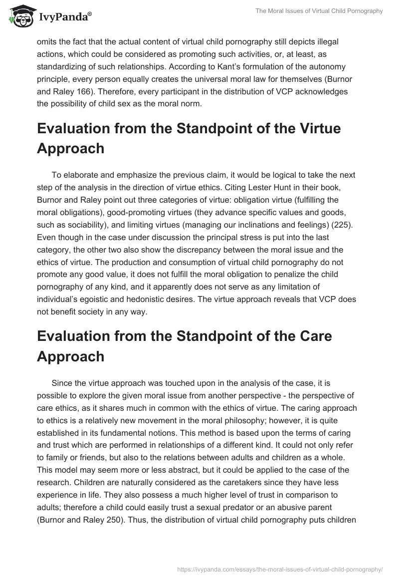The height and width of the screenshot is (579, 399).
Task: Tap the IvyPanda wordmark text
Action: coord(64,17)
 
